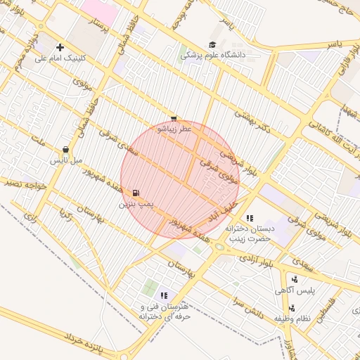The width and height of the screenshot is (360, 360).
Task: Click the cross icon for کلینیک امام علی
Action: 60,47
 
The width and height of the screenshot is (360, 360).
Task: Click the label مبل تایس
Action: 65,160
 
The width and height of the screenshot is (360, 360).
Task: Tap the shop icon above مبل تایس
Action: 65,150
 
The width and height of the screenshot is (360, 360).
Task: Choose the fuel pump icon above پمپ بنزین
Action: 135,193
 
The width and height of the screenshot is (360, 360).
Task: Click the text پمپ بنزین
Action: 135,204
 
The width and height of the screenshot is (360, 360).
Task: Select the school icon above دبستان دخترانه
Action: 250,218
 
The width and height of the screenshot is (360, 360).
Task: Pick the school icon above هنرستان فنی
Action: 164,296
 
